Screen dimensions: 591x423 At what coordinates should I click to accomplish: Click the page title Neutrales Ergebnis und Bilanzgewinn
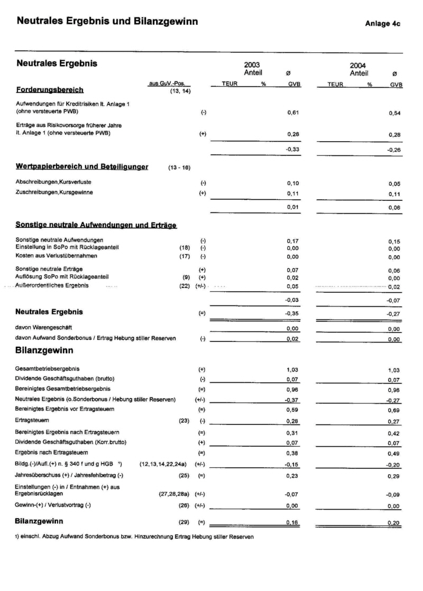coord(107,22)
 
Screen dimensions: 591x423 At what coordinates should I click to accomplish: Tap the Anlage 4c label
coord(382,24)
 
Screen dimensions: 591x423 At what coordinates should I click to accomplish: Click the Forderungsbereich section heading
coord(50,90)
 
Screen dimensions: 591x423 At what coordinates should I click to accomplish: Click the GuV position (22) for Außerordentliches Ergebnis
coord(185,285)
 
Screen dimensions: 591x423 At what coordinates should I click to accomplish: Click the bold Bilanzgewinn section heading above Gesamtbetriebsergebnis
coord(44,350)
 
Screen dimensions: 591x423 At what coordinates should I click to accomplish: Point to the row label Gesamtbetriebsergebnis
coord(48,368)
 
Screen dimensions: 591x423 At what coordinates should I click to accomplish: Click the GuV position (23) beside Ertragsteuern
coord(185,420)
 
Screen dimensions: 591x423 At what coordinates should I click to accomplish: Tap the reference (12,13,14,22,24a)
coord(162,464)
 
